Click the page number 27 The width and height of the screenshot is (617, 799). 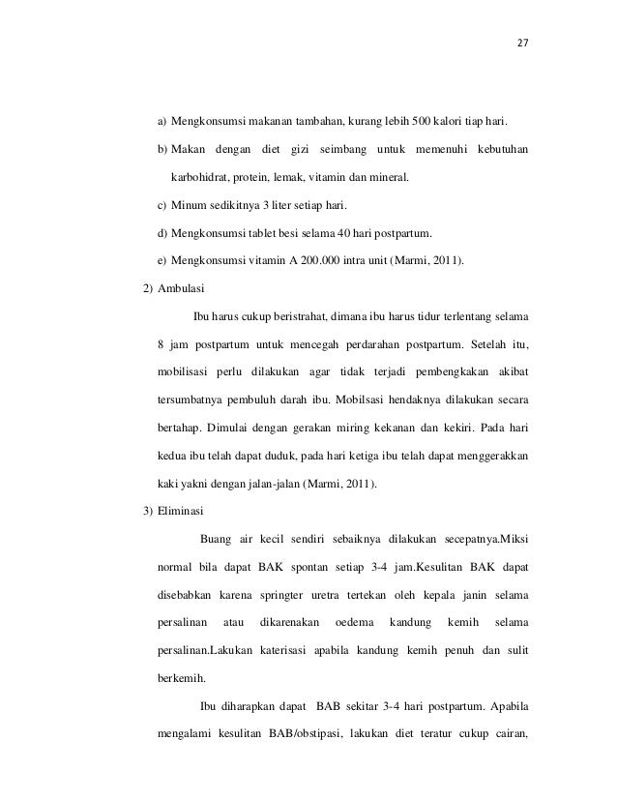click(523, 43)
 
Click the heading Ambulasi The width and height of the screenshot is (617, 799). click(180, 287)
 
